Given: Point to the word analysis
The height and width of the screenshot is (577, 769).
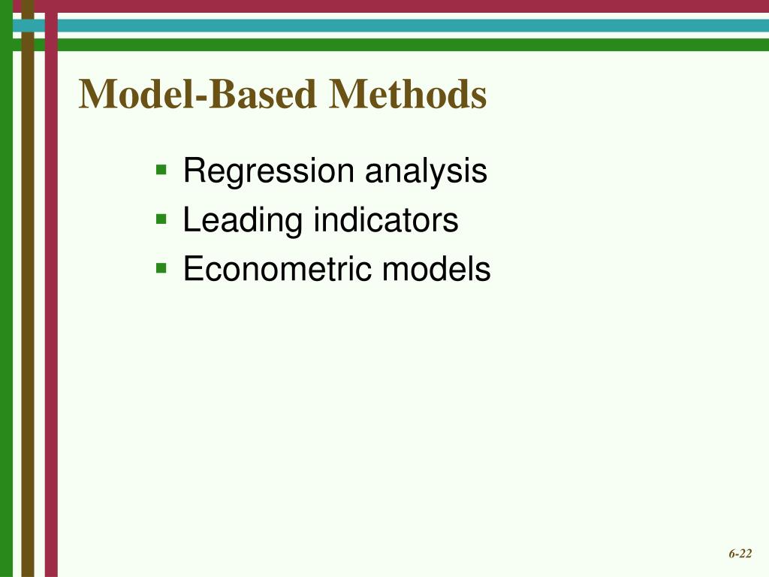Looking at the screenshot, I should (426, 173).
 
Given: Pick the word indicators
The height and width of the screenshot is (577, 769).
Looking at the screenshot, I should (385, 221).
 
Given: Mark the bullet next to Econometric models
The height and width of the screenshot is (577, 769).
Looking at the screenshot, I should (161, 267).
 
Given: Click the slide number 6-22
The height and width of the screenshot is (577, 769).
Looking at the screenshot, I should (740, 554).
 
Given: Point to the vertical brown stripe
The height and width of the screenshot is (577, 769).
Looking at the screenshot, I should (28, 301).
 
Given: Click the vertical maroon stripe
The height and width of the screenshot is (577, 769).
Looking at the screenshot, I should (51, 301).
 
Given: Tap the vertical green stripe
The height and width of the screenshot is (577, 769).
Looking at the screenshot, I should (7, 301).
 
